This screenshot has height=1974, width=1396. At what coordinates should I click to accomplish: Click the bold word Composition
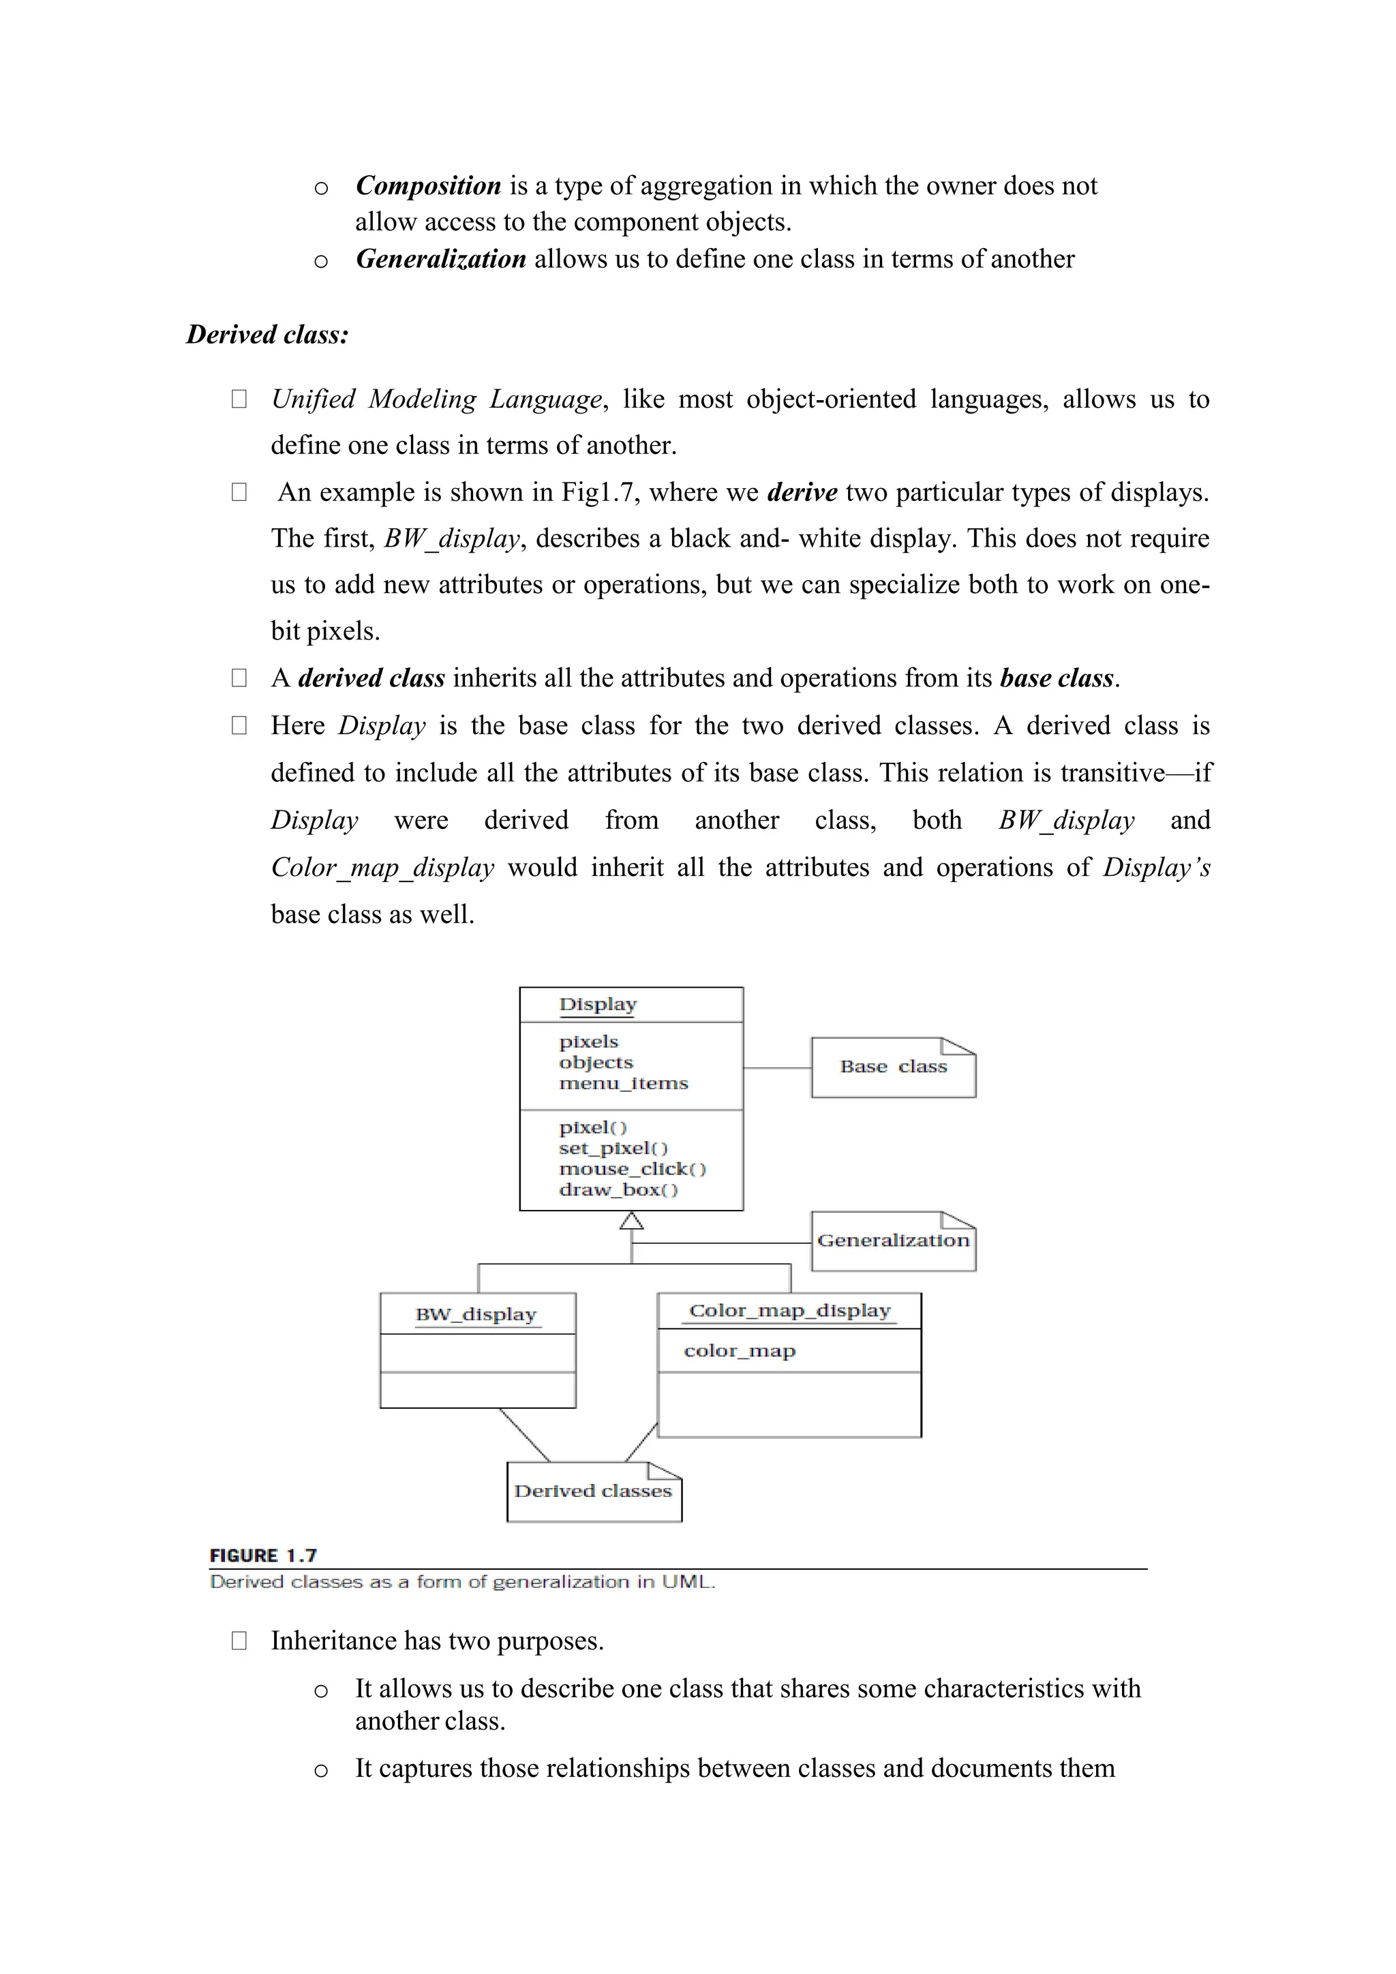[428, 185]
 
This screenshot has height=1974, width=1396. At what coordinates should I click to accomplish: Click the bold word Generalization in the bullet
[440, 259]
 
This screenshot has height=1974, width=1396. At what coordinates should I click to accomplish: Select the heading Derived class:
[267, 335]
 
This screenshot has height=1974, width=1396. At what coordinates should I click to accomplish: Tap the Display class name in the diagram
[597, 1004]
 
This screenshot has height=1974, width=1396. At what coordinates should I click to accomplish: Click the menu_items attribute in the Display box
[623, 1083]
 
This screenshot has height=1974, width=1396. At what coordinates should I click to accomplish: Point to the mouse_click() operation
[632, 1169]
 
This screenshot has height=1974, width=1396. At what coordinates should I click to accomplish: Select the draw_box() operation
[618, 1190]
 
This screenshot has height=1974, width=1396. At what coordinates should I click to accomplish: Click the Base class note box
[893, 1067]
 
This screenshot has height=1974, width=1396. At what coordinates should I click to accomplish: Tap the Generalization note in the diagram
[893, 1241]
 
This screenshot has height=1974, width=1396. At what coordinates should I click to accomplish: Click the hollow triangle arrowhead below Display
[632, 1221]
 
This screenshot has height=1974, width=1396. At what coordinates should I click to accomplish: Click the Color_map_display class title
[789, 1311]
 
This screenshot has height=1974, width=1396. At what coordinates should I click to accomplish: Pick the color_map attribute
[740, 1351]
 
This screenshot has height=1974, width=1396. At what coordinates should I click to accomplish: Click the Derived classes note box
[593, 1491]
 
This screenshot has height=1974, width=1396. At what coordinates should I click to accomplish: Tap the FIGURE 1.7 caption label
[263, 1555]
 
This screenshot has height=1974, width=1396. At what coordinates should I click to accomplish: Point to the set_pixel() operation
[613, 1149]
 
